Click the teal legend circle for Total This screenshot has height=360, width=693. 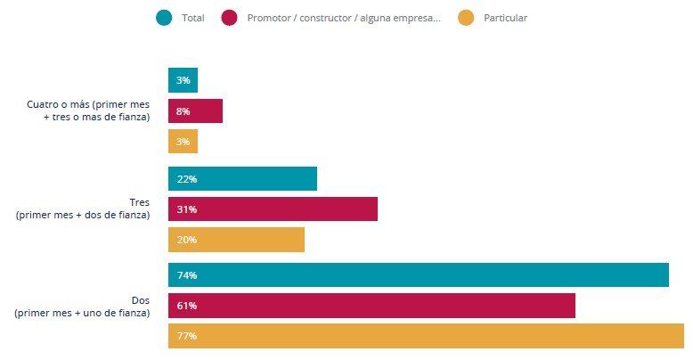coord(164,18)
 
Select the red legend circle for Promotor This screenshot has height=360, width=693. coord(230,18)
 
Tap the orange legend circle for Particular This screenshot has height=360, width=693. coord(466,18)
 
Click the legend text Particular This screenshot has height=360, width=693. coord(504,18)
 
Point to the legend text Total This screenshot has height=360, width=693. coord(192,18)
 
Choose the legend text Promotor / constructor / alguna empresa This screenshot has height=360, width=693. coord(344,18)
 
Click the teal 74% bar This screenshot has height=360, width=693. coord(419,275)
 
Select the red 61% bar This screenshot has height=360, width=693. coord(371,306)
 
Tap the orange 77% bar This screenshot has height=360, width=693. coord(426,336)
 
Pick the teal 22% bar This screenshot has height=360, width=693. coord(242,179)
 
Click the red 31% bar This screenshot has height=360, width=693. coord(273,209)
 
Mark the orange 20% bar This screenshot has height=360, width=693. coord(236,240)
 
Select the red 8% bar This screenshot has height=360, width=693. coord(195,111)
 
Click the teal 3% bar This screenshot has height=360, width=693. coord(183,81)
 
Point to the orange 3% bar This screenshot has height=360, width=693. coord(183,142)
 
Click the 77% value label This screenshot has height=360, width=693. coord(186,336)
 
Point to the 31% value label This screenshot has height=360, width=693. coord(186,209)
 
